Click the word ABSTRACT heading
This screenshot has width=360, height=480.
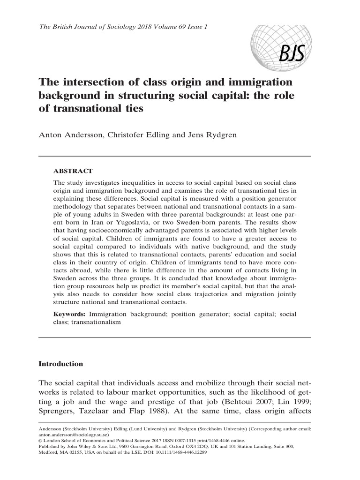coord(73,171)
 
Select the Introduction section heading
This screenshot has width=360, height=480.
coord(60,363)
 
